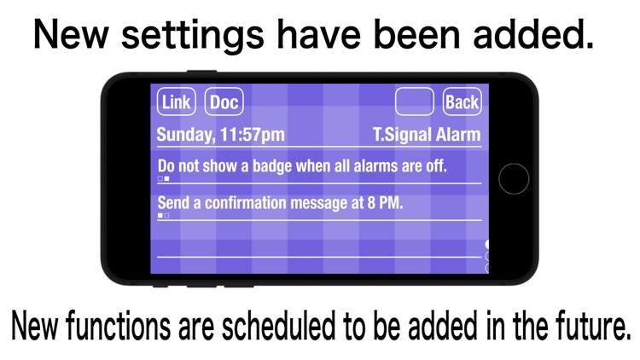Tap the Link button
coord(177,102)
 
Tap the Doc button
coord(224,102)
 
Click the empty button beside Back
coord(415,102)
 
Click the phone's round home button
coord(514,179)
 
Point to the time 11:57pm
coord(253,135)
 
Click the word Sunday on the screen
coord(185,135)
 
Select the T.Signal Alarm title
coord(427,135)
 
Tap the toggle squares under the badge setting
coord(164,179)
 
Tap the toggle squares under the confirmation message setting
coord(164,217)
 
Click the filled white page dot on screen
coord(486,245)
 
